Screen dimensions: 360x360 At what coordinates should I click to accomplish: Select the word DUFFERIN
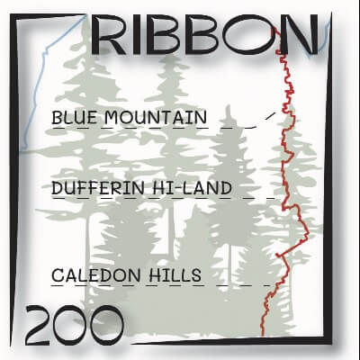[x=96, y=189]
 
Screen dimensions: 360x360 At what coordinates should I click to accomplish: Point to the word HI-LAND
[x=191, y=189]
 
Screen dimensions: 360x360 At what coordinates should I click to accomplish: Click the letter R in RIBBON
[x=110, y=37]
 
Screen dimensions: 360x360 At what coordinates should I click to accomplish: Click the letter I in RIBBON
[x=136, y=37]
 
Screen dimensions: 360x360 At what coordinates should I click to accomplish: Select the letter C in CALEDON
[x=58, y=274]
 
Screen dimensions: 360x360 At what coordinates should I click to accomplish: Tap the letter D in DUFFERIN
[x=58, y=189]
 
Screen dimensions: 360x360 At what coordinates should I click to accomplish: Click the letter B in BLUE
[x=57, y=118]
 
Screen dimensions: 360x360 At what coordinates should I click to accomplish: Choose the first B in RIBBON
[x=170, y=37]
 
